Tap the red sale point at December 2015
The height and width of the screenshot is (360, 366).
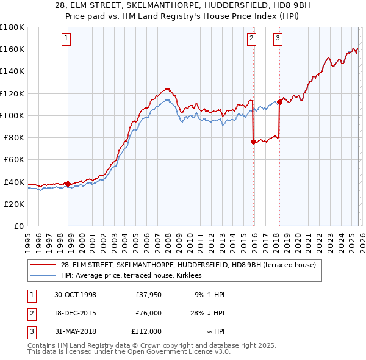[x=253, y=142]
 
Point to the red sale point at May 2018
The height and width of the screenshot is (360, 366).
[x=279, y=102]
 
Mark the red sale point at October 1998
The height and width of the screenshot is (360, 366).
[x=68, y=184]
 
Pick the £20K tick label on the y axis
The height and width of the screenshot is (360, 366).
[x=13, y=204]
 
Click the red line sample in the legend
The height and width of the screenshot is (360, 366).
[x=43, y=265]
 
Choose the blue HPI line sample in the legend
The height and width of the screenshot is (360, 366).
[x=43, y=275]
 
